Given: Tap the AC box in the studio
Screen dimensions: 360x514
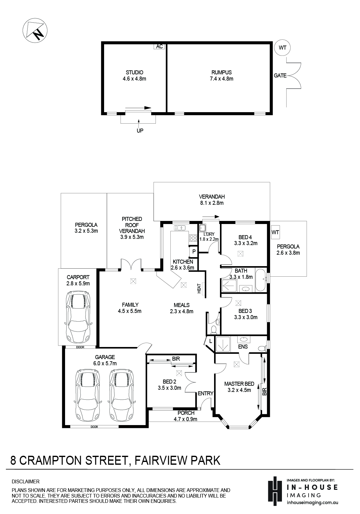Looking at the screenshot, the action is click(160, 46).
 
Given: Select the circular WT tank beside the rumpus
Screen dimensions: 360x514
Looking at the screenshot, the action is click(282, 48).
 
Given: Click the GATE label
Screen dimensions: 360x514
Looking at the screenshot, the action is click(280, 76).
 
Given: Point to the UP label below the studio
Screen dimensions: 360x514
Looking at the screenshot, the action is click(140, 130).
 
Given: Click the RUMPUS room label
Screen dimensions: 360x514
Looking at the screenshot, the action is click(222, 72).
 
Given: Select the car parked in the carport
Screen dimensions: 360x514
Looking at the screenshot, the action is click(78, 317).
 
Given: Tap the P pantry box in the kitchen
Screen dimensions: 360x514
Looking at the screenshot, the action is click(194, 252).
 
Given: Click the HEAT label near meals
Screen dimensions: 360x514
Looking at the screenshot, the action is click(199, 288).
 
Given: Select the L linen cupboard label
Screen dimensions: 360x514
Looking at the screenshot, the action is click(210, 341).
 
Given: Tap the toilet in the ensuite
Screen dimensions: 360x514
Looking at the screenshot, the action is click(262, 349).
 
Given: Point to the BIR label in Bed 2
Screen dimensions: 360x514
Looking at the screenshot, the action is click(176, 359).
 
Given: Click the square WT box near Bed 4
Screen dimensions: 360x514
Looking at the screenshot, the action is click(275, 232).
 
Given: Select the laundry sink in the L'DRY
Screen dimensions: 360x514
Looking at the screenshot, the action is click(202, 228).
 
